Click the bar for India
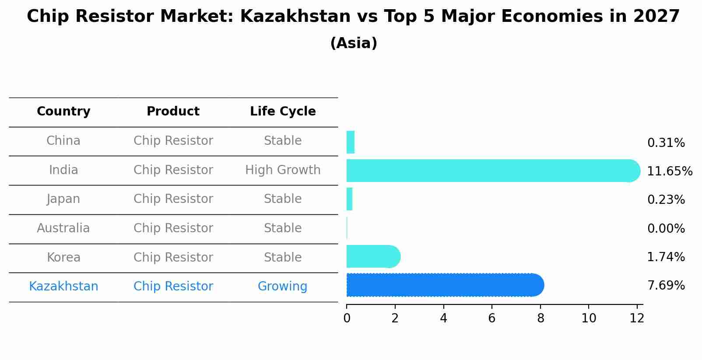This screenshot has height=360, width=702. (490, 171)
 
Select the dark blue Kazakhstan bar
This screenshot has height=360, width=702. (442, 285)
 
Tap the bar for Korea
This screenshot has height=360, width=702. (372, 257)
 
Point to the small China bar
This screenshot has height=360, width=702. (351, 142)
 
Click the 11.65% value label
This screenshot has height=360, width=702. (669, 171)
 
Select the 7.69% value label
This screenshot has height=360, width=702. (666, 286)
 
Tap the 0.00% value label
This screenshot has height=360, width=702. (666, 228)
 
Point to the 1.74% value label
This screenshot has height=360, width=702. (666, 257)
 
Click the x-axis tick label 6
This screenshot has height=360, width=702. (492, 318)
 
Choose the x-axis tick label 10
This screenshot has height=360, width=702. (589, 318)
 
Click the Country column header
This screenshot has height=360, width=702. (63, 112)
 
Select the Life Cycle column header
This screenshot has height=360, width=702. (283, 112)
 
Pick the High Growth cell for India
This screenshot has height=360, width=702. (283, 170)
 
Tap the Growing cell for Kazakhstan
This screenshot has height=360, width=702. (282, 286)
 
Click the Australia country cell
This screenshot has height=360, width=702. (63, 228)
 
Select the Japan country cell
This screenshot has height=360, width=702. (63, 199)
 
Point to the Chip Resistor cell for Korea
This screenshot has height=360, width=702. (173, 257)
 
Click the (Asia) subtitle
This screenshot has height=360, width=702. (354, 43)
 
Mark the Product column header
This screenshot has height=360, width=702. (173, 112)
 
